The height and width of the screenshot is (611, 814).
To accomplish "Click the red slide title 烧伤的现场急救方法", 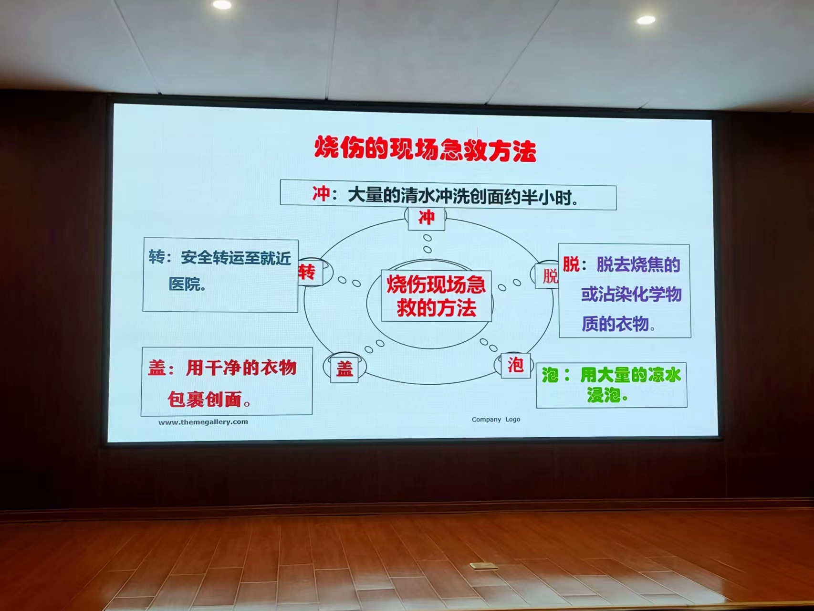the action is click(425, 149).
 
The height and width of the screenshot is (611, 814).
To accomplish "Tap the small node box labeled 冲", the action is click(427, 218).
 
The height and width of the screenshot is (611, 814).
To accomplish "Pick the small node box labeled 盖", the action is click(344, 369).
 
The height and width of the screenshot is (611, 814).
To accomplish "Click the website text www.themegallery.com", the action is click(203, 422).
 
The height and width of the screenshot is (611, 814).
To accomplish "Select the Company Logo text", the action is click(496, 420).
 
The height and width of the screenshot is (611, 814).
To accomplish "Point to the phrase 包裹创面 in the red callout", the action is click(205, 400).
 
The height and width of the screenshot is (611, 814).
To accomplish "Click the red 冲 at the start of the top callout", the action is click(321, 194).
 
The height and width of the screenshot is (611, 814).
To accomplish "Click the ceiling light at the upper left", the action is click(222, 5).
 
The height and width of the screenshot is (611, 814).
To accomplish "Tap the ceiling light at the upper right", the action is click(646, 20).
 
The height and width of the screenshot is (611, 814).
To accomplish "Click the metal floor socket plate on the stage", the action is click(483, 567).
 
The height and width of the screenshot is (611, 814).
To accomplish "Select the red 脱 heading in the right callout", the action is click(571, 264).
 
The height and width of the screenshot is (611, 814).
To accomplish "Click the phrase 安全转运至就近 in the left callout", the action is click(236, 258).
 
